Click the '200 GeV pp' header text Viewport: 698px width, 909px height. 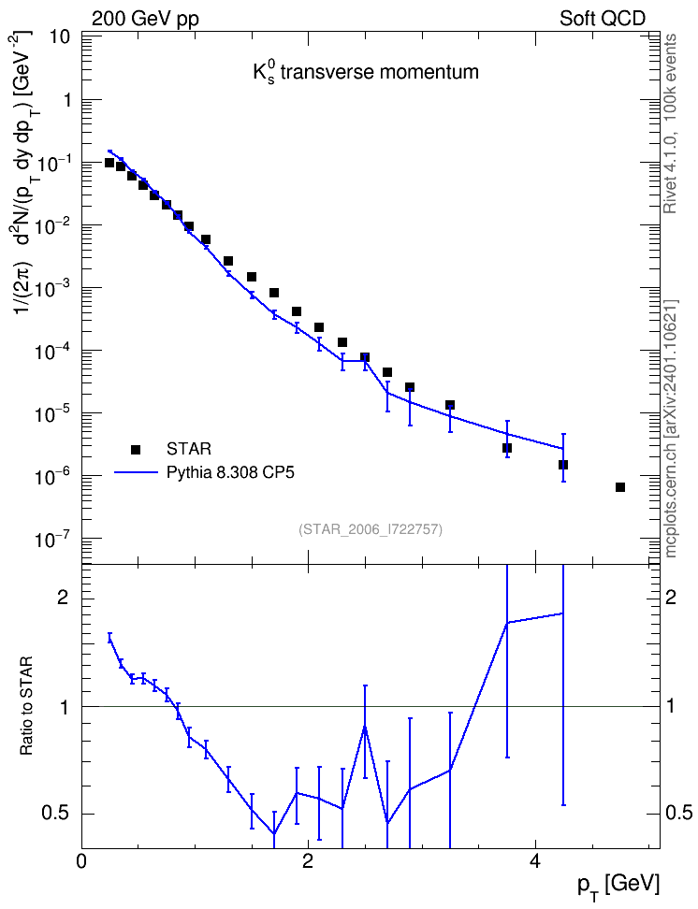pyautogui.click(x=145, y=19)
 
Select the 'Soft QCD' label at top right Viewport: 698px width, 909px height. pyautogui.click(x=603, y=19)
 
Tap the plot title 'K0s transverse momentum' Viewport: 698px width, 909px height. pyautogui.click(x=366, y=73)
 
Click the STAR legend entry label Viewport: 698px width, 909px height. pyautogui.click(x=189, y=449)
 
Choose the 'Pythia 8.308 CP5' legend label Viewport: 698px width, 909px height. pyautogui.click(x=230, y=473)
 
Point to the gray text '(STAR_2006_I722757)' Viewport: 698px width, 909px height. pyautogui.click(x=371, y=529)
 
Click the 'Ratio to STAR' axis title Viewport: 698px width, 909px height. pyautogui.click(x=26, y=705)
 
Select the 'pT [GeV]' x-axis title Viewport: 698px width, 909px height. pyautogui.click(x=618, y=887)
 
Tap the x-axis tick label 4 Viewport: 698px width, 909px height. pyautogui.click(x=535, y=862)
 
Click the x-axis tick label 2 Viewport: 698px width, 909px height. pyautogui.click(x=308, y=862)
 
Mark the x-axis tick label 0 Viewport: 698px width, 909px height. pyautogui.click(x=81, y=862)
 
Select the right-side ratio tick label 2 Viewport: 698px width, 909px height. pyautogui.click(x=671, y=598)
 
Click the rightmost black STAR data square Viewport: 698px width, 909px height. pyautogui.click(x=620, y=487)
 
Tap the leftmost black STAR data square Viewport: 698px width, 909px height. pyautogui.click(x=109, y=163)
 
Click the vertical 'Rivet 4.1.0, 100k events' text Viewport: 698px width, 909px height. pyautogui.click(x=670, y=124)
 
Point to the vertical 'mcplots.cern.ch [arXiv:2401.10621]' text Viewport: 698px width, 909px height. pyautogui.click(x=671, y=429)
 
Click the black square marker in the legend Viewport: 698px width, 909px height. pyautogui.click(x=136, y=449)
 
